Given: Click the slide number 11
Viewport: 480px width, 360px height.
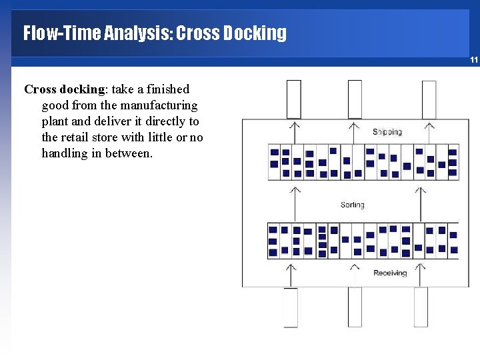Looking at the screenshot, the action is [473, 60].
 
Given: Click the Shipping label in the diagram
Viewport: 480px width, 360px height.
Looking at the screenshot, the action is [387, 132].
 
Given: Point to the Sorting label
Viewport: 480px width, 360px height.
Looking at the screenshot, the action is [352, 205].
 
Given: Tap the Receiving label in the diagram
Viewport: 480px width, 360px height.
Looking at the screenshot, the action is [389, 273].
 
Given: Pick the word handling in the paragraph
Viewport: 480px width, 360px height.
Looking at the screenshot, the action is [67, 153].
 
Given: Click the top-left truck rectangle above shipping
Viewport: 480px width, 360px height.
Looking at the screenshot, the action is [294, 99].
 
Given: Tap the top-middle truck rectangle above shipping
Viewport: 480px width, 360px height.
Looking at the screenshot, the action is [355, 99].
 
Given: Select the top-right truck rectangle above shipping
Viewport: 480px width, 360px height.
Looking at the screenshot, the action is [429, 99].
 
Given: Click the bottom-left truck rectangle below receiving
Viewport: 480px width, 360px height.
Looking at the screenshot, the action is [291, 307].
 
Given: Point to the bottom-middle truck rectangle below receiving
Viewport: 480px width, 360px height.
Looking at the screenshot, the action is [355, 307].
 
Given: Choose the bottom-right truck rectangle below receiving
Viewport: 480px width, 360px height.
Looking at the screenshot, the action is [421, 307].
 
